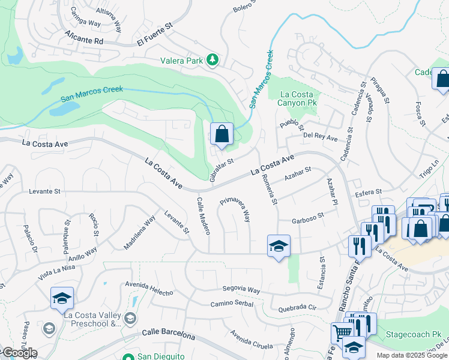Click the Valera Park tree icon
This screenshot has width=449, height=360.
[211, 60]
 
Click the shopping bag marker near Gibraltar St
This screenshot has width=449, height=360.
[221, 134]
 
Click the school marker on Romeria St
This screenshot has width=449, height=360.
[278, 246]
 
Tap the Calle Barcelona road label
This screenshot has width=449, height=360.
[169, 334]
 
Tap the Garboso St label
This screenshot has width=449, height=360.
[307, 218]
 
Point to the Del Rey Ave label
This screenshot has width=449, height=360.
[321, 137]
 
